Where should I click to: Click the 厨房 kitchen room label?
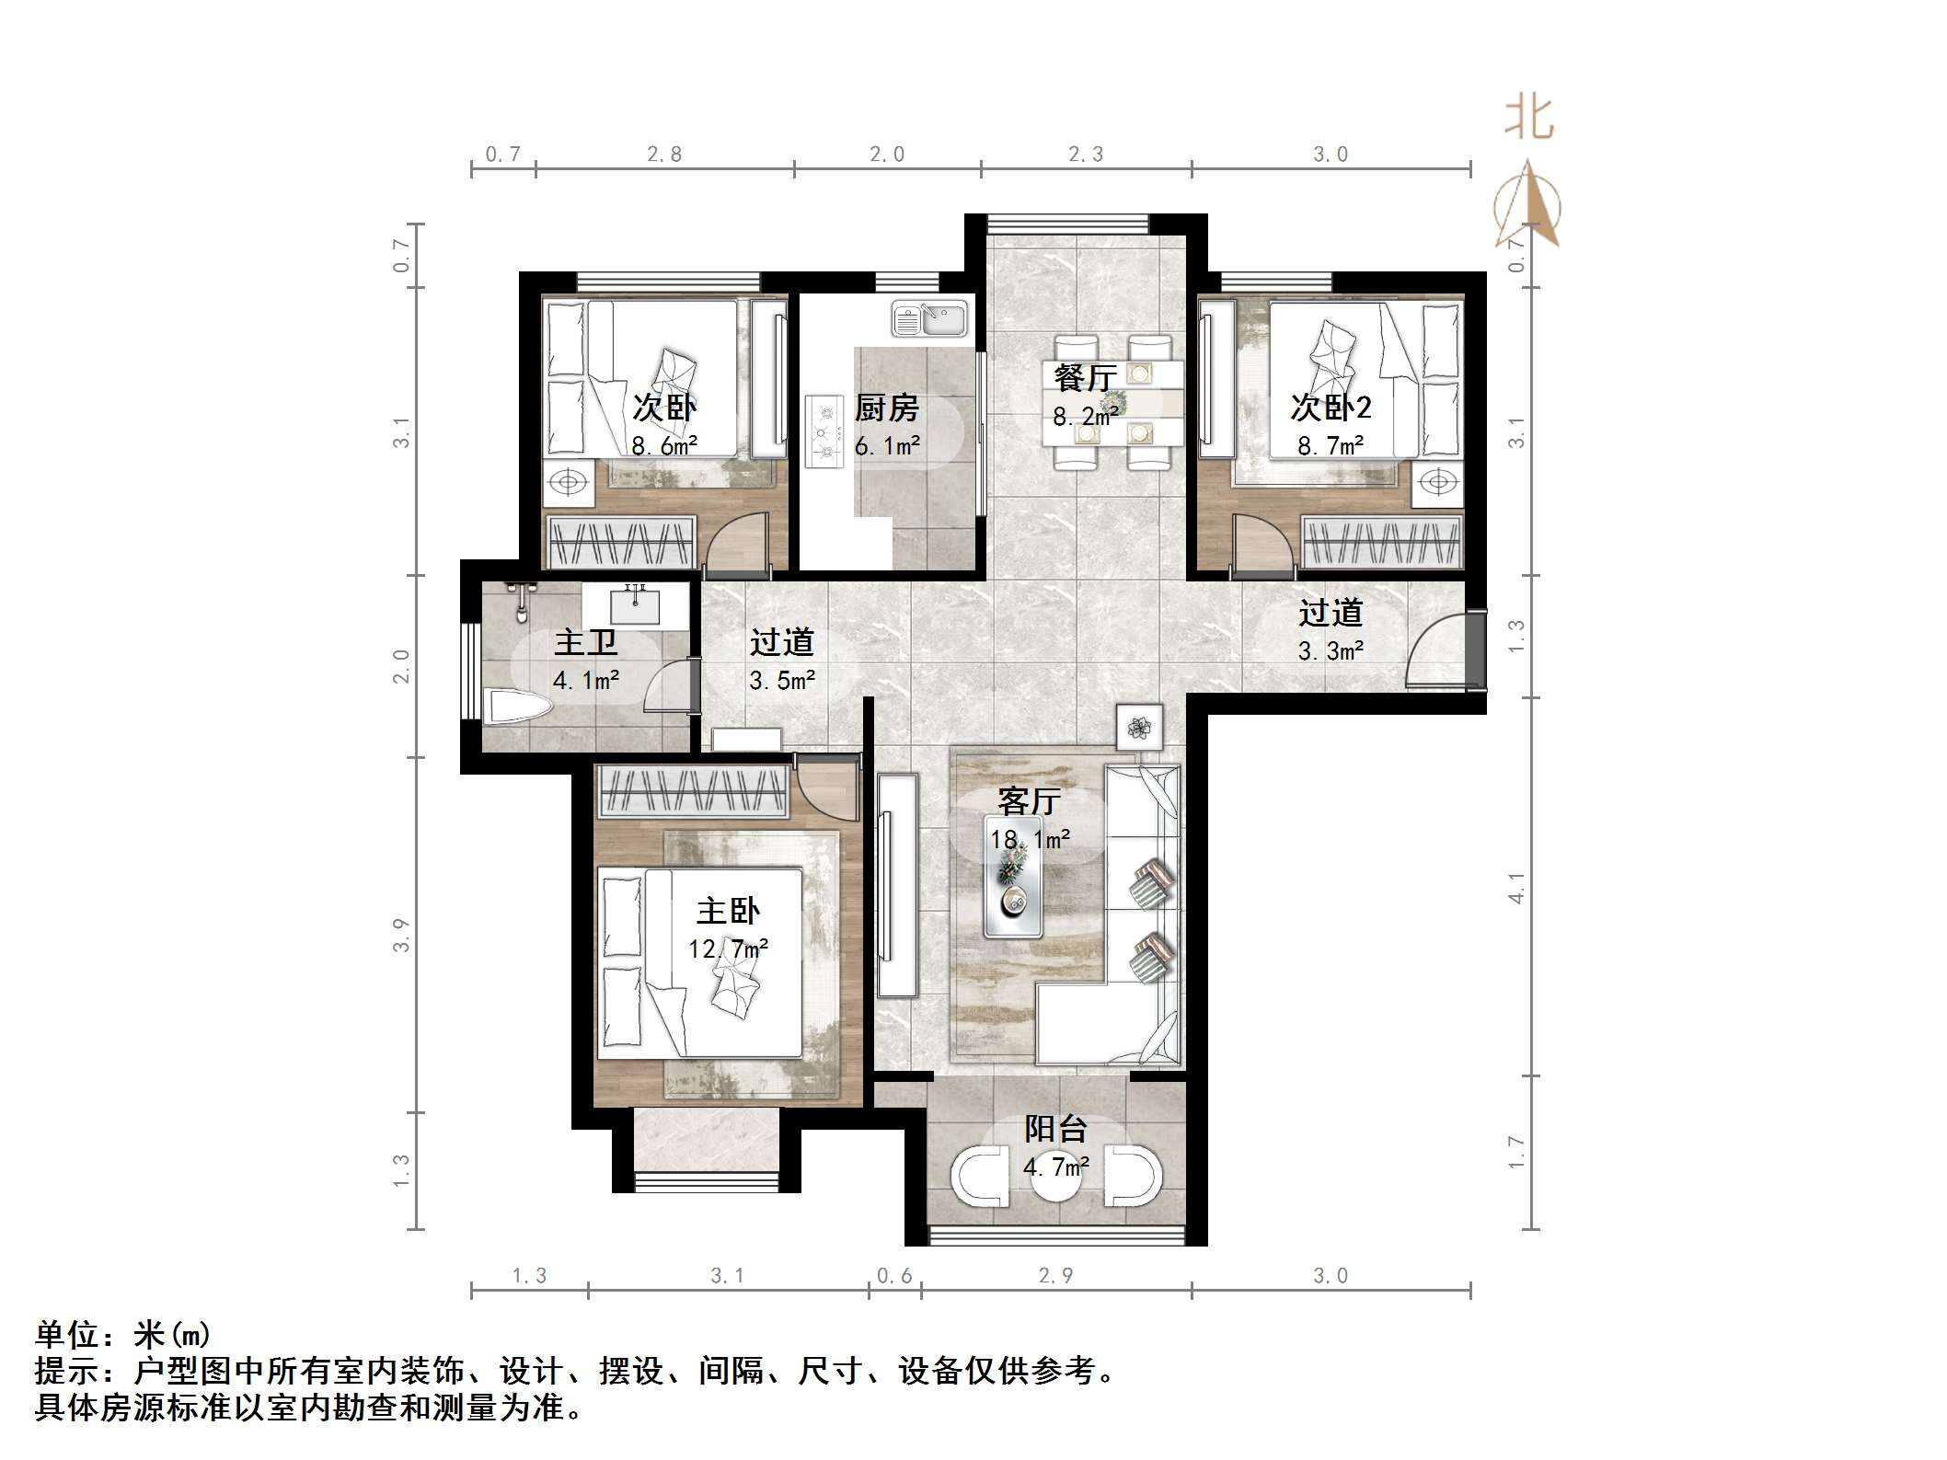[886, 408]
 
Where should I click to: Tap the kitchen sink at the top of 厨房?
[929, 319]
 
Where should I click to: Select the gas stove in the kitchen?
[825, 431]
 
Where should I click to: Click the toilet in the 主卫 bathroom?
[516, 707]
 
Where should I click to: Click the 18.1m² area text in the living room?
[1030, 839]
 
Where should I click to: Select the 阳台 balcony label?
[1056, 1129]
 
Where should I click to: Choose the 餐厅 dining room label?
[1085, 377]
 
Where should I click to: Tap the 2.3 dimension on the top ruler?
[1086, 155]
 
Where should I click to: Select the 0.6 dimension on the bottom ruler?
[894, 1275]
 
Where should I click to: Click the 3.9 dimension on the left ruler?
[401, 935]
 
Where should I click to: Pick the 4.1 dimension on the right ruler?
[1516, 888]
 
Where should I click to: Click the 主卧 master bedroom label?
[728, 911]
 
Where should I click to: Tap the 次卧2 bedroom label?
[1331, 408]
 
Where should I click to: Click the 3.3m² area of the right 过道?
[1331, 651]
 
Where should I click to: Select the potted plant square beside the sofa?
[1140, 728]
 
